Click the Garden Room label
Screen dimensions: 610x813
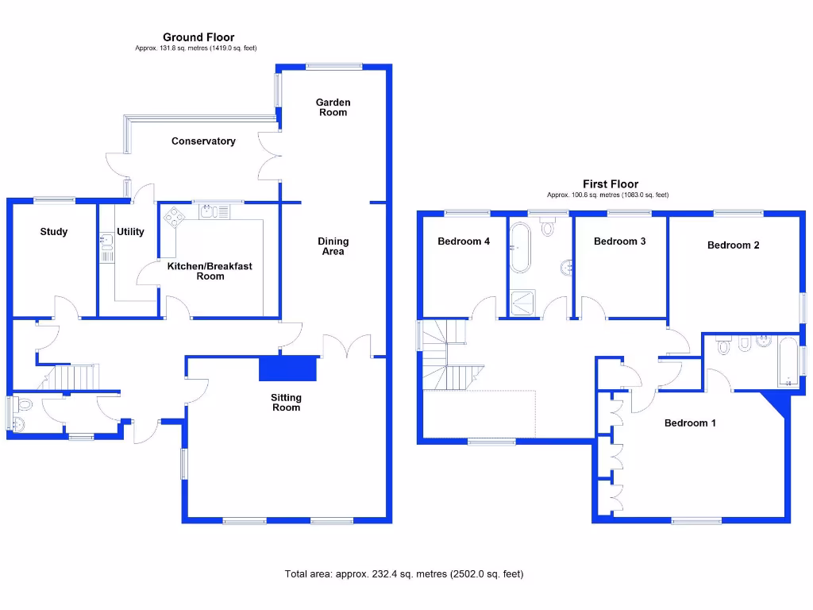point(333,107)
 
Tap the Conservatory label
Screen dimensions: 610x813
point(203,141)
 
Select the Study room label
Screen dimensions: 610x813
point(54,232)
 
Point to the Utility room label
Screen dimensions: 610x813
point(130,232)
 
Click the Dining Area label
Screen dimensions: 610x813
point(333,246)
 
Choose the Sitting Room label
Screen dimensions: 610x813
point(287,403)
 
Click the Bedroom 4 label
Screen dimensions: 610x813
point(464,241)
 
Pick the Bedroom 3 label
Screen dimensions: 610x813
point(619,241)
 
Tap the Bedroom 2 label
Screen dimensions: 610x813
point(733,245)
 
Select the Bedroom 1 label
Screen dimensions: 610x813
point(690,423)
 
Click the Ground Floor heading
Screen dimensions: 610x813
point(198,37)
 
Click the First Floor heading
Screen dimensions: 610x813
point(610,184)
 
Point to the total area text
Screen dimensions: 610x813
point(404,573)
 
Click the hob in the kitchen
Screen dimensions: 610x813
point(173,216)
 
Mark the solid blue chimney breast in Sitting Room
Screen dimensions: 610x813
point(287,369)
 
